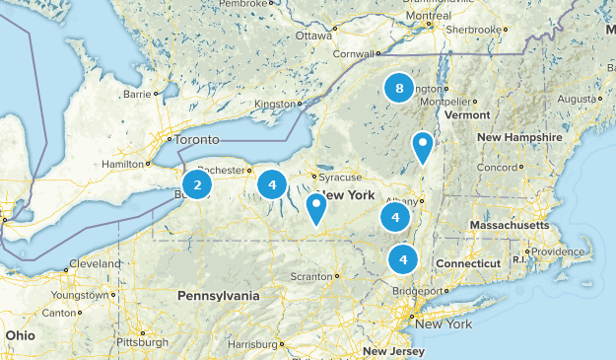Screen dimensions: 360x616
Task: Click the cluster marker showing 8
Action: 398,89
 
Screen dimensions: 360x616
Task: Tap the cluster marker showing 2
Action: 197,184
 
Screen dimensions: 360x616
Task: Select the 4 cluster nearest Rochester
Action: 272,183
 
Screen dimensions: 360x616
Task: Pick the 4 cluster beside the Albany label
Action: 394,218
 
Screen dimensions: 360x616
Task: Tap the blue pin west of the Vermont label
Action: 423,147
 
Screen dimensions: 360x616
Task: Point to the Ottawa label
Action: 313,36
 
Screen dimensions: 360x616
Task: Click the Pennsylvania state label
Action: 219,296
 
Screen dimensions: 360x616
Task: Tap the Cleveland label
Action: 95,264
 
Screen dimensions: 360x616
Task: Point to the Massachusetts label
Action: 509,226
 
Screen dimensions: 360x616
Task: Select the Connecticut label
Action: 468,264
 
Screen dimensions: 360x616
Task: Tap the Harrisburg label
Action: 252,344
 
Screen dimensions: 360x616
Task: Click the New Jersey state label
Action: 393,351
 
